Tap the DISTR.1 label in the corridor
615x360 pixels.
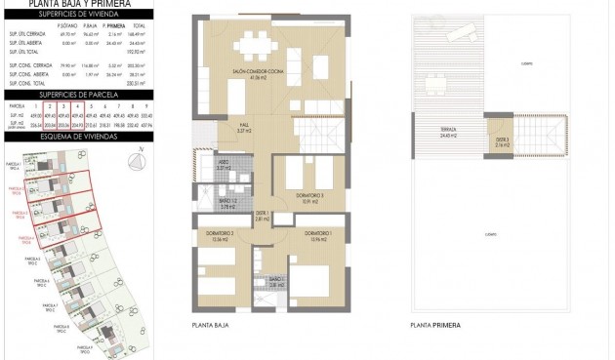[x=262, y=216]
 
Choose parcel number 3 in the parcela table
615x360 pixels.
[x=63, y=104]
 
